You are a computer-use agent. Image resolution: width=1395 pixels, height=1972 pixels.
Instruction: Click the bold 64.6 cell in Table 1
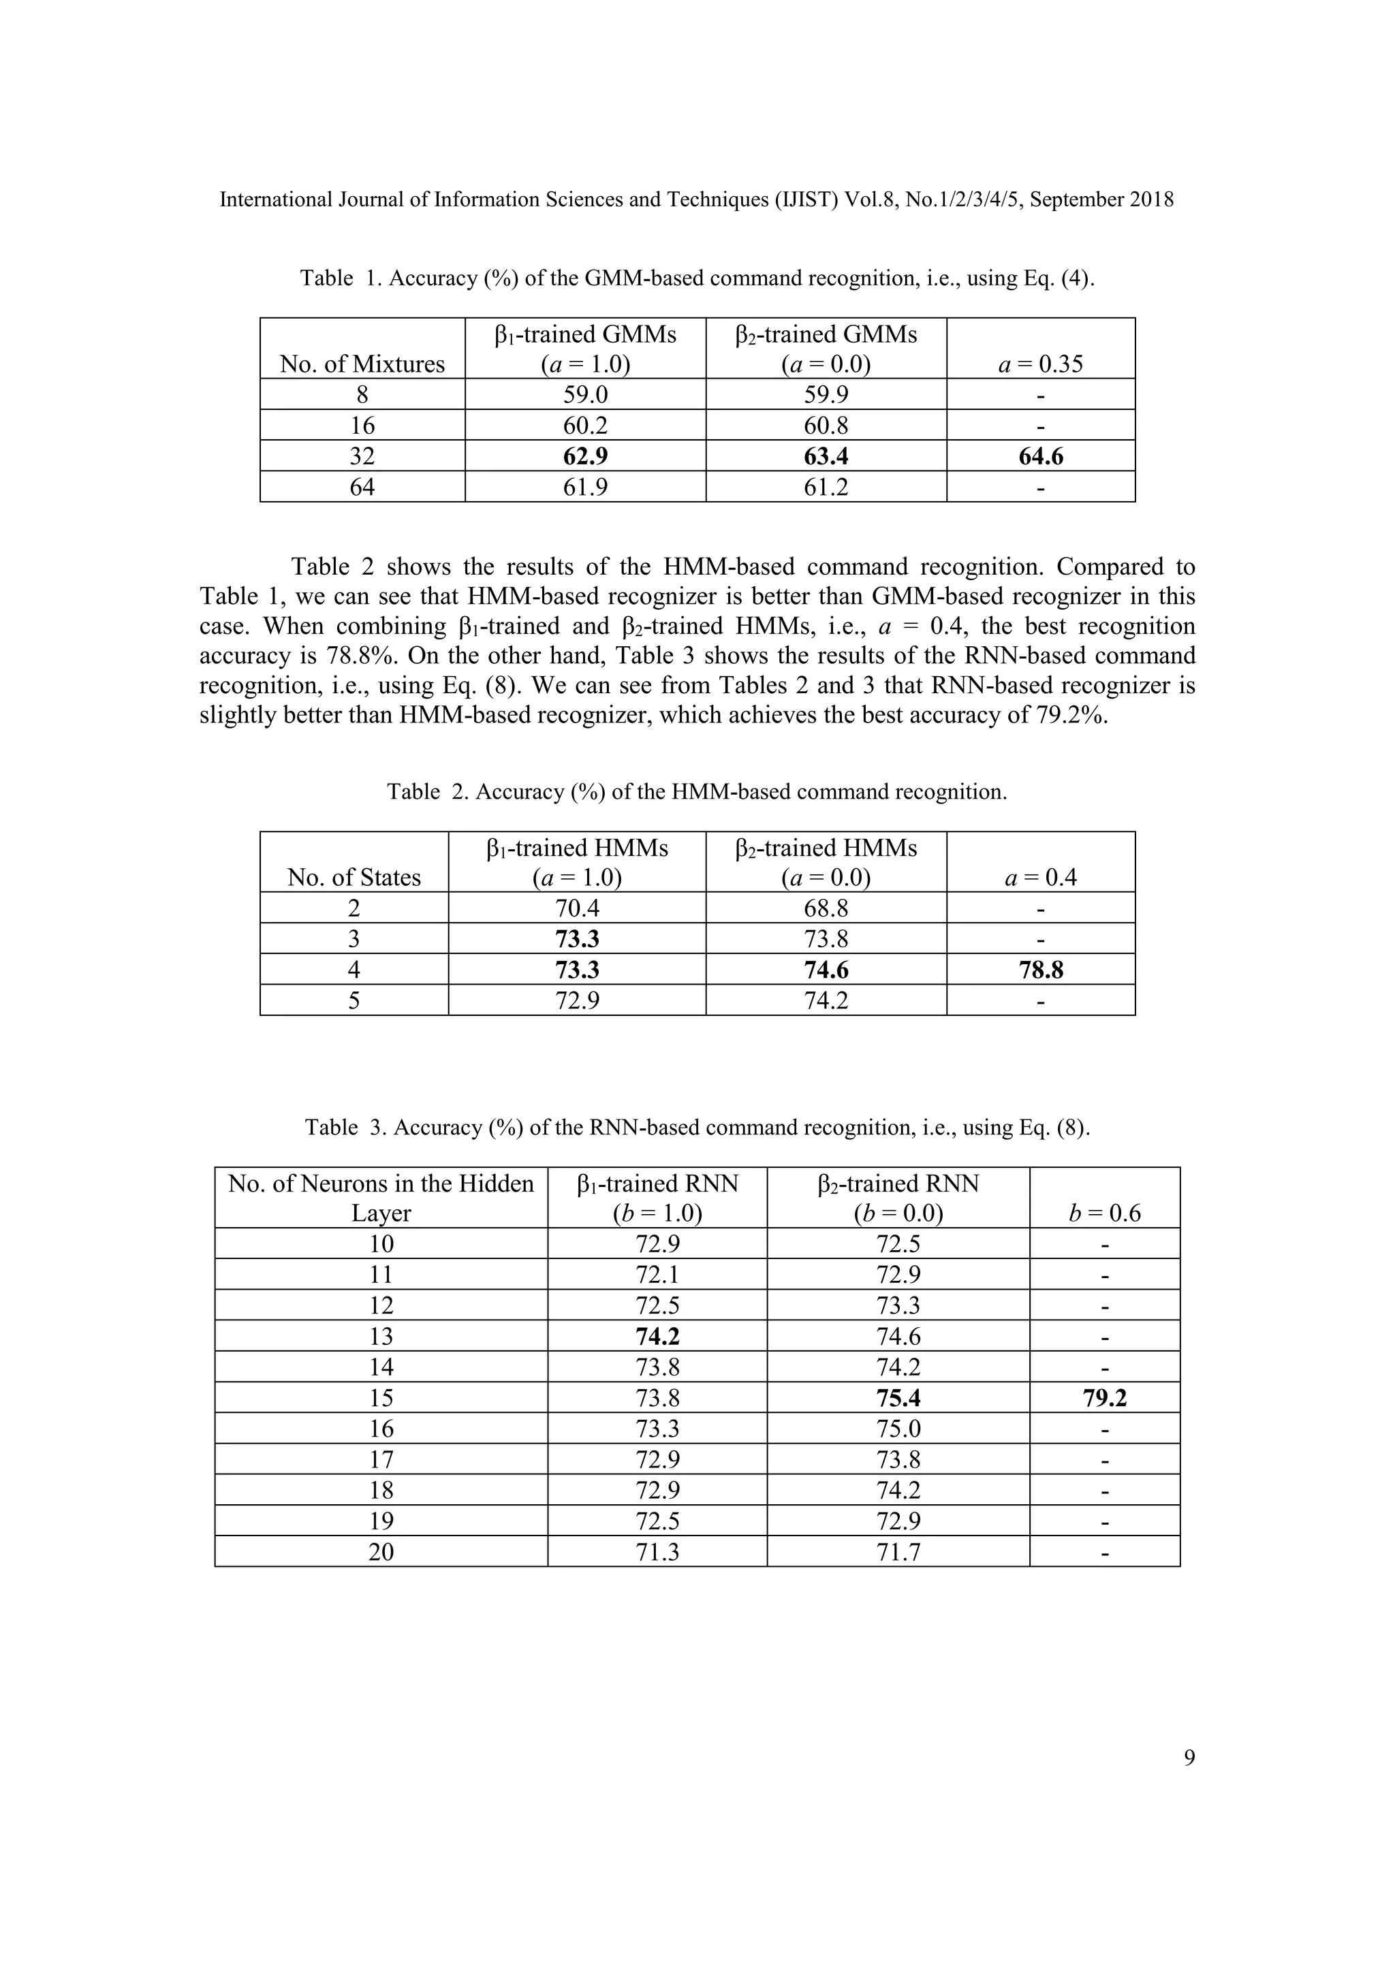(x=1040, y=456)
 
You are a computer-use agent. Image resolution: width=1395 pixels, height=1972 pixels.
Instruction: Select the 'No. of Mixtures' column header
(x=362, y=364)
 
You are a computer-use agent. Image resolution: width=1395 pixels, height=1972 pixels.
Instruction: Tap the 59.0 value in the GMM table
(x=585, y=394)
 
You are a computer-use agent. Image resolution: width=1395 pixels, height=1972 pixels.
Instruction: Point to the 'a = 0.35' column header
(x=1040, y=364)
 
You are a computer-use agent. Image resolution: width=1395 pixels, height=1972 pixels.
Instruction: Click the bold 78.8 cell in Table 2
(x=1040, y=970)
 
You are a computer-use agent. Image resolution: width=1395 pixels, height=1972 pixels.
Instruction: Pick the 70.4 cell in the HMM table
(x=576, y=908)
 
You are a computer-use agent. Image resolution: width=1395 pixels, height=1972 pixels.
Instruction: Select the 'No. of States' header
(x=354, y=877)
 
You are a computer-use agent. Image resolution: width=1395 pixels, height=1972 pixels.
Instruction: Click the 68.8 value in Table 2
(x=826, y=908)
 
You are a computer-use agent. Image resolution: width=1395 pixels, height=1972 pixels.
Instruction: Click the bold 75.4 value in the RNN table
(x=898, y=1398)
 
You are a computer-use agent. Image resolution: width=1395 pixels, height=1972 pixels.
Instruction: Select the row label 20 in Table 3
(x=381, y=1552)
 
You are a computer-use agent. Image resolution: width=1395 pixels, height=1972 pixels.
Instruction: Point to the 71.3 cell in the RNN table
(x=657, y=1552)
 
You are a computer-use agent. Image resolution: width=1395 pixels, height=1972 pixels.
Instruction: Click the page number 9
(x=1189, y=1758)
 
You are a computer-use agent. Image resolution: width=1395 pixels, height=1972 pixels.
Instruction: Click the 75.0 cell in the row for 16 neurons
(x=898, y=1429)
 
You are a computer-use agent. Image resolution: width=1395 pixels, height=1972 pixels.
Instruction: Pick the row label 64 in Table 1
(x=362, y=487)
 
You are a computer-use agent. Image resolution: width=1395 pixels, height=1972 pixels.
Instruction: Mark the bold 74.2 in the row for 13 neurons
(x=657, y=1337)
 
